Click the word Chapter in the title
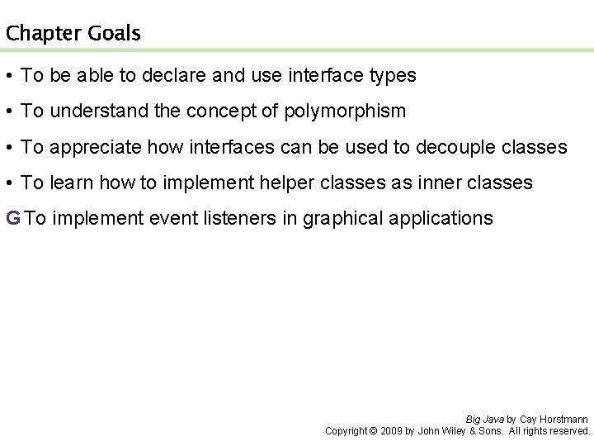(x=41, y=34)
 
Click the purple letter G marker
(x=12, y=218)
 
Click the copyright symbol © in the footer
(x=372, y=431)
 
